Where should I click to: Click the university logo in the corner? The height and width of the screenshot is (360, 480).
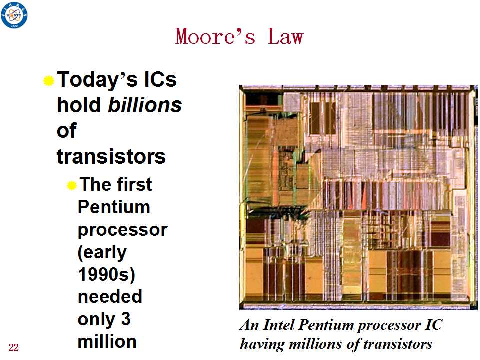(x=14, y=14)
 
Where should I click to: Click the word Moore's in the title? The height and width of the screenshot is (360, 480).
(x=215, y=36)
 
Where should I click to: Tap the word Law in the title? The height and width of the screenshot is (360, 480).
(x=285, y=36)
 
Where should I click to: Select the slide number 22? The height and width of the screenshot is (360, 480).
(x=14, y=347)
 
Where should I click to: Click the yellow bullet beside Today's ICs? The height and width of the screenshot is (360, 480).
(x=48, y=81)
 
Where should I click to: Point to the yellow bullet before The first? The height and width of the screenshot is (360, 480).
(x=71, y=185)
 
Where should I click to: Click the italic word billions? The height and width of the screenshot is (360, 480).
(x=145, y=105)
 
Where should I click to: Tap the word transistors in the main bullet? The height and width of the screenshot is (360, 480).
(x=111, y=156)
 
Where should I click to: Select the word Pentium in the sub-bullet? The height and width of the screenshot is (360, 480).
(x=114, y=207)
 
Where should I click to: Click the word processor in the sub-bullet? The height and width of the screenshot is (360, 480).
(x=123, y=230)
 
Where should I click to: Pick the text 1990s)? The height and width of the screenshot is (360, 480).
(x=107, y=274)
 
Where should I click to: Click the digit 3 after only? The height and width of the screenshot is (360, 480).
(x=126, y=319)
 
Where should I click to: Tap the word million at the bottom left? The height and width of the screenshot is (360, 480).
(x=107, y=341)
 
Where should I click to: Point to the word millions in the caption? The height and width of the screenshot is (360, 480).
(x=315, y=344)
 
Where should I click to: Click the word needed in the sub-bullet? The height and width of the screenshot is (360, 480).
(x=110, y=296)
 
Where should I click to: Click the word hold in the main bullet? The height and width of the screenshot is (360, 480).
(x=79, y=105)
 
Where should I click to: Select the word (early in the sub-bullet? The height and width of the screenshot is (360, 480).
(x=102, y=253)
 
